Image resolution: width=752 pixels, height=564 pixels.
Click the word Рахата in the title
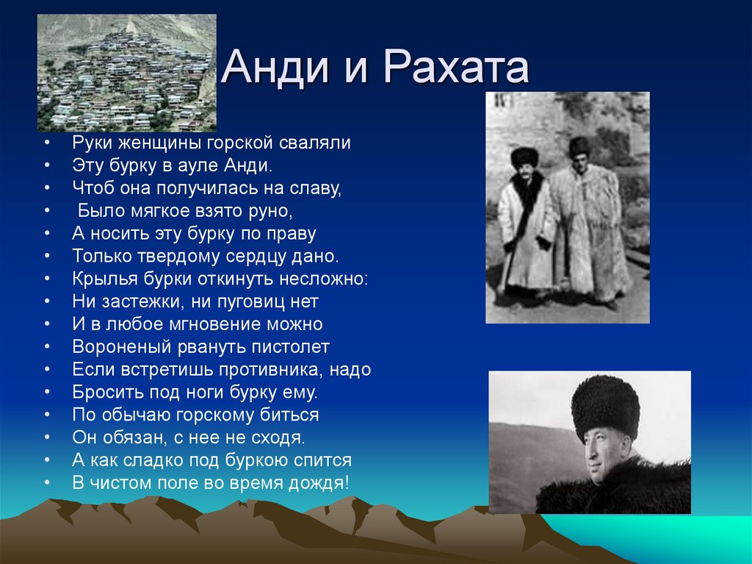(x=455, y=68)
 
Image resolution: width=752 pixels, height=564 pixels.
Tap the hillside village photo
(x=126, y=73)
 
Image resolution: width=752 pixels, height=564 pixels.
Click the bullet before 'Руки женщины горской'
(x=47, y=143)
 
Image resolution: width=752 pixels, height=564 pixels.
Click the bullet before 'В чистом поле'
(x=47, y=483)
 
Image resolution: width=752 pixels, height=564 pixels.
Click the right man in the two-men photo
(x=587, y=221)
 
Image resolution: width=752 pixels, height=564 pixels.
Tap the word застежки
(x=131, y=301)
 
